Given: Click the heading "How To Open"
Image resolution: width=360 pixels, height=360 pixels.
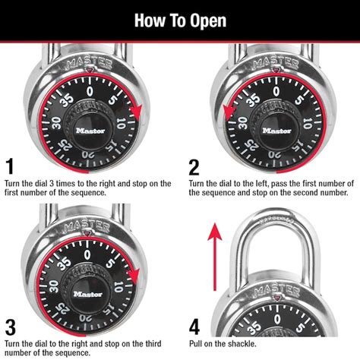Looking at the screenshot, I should (x=180, y=19).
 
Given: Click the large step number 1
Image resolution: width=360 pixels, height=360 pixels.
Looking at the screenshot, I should (x=9, y=166).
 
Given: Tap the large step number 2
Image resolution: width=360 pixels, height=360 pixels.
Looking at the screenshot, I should (x=194, y=166).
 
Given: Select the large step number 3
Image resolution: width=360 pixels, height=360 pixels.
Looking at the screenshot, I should (x=10, y=327).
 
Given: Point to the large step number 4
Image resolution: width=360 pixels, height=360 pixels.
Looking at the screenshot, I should (x=194, y=327).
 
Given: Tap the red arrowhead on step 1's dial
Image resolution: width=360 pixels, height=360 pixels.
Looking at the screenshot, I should (x=137, y=115).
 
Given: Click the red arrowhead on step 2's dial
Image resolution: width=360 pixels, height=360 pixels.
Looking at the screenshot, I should (x=227, y=114).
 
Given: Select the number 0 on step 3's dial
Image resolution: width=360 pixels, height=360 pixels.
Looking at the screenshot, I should (x=90, y=253).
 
